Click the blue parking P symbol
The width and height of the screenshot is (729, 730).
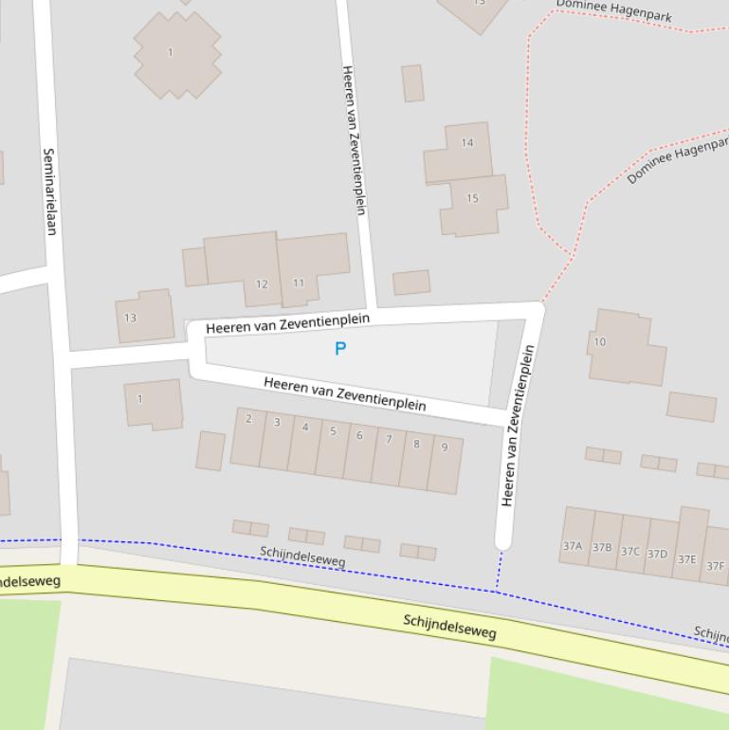(340, 349)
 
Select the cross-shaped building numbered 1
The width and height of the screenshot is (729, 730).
(176, 54)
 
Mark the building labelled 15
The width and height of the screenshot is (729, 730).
(473, 205)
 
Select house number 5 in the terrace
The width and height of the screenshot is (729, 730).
(332, 447)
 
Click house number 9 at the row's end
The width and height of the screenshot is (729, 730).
(445, 464)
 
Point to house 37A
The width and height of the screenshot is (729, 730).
(575, 537)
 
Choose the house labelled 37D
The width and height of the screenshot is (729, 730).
(660, 548)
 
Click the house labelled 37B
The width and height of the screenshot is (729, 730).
(604, 540)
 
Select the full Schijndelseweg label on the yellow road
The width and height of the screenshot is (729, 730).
(449, 627)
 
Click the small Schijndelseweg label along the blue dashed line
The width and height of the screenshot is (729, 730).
(302, 557)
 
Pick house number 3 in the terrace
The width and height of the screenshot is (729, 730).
(276, 441)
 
